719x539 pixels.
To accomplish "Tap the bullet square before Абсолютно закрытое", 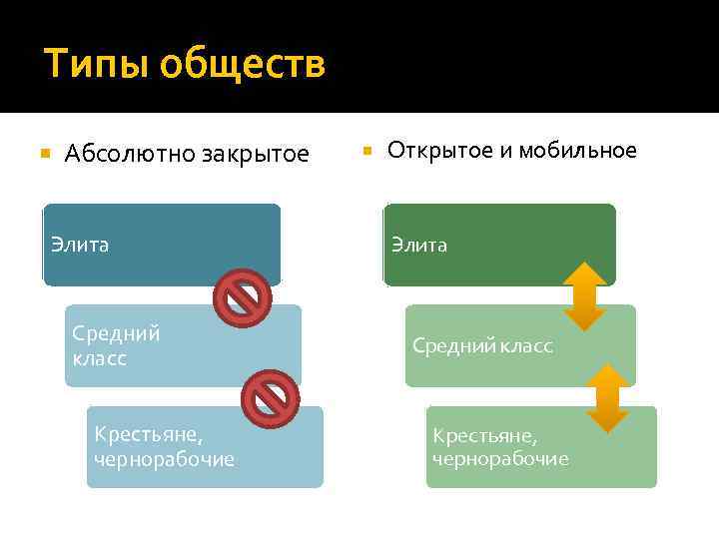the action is click(44, 154).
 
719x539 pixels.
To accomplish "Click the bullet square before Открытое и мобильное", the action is click(366, 151).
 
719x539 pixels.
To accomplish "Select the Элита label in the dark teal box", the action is click(80, 245).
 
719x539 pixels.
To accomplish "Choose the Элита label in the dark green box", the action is click(419, 245).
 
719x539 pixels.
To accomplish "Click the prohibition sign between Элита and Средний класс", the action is click(243, 298).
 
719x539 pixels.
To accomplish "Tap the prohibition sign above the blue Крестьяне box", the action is click(271, 399).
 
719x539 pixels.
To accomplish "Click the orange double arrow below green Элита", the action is click(585, 296).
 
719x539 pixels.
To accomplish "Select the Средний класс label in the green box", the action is click(482, 345).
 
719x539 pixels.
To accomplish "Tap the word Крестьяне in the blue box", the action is click(147, 435).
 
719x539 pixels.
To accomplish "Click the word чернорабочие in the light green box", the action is click(500, 458).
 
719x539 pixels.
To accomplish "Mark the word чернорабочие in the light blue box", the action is click(164, 459).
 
